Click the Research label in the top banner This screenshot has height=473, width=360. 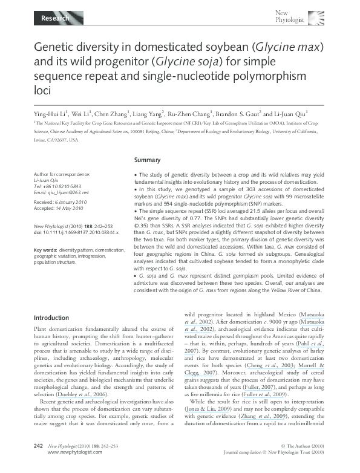54,19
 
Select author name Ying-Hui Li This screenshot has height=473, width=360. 52,113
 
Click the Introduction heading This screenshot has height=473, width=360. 51,318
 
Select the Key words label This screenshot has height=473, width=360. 45,249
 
